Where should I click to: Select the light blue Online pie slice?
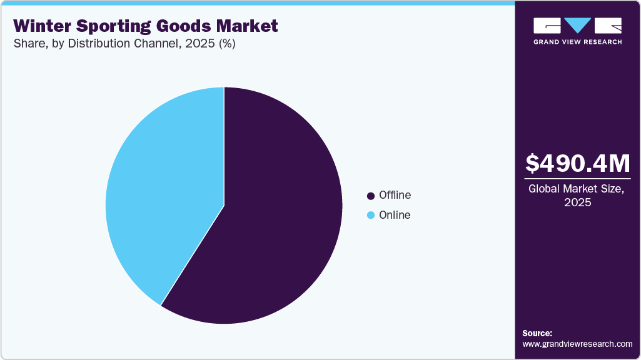(x=163, y=187)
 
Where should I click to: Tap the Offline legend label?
(x=395, y=195)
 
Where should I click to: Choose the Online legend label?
(x=395, y=215)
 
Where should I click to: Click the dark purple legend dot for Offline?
(x=371, y=196)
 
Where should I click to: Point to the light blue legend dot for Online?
(x=371, y=216)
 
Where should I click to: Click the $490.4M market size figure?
(x=577, y=163)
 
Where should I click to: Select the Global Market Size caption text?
(x=577, y=189)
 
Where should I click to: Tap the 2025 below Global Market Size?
(x=577, y=202)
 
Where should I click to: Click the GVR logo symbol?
(x=577, y=25)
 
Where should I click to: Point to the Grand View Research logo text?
(x=577, y=42)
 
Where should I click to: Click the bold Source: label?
(x=537, y=333)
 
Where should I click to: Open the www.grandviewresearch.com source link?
(x=577, y=344)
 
